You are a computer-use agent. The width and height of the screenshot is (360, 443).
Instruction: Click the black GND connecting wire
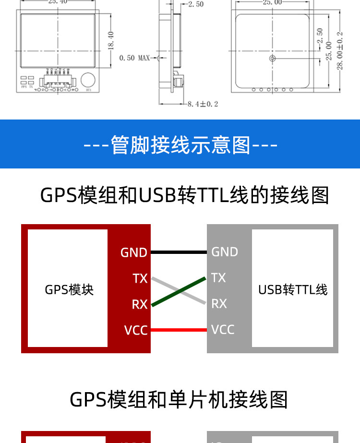tap(179, 252)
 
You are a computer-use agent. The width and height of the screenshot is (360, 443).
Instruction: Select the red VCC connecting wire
tap(179, 330)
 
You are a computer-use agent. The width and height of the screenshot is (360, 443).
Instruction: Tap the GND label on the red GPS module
tap(133, 252)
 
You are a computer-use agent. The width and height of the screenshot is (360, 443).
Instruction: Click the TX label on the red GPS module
tap(140, 278)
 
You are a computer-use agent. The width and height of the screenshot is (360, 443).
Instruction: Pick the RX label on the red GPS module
tap(140, 304)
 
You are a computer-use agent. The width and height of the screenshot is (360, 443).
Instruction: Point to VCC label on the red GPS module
tap(136, 330)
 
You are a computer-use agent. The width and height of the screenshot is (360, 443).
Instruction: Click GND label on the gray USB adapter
tap(225, 251)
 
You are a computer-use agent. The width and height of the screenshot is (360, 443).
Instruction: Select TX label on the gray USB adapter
tap(218, 277)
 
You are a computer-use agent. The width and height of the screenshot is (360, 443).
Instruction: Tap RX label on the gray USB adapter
tap(219, 303)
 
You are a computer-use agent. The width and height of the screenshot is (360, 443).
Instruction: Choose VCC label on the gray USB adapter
tap(223, 329)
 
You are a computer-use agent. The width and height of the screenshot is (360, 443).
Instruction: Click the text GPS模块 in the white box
tap(69, 289)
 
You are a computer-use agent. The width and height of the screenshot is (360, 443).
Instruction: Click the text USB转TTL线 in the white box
tap(293, 289)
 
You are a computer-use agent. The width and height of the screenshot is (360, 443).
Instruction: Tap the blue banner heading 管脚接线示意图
tap(180, 144)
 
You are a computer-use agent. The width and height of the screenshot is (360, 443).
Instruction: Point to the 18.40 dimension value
tap(111, 41)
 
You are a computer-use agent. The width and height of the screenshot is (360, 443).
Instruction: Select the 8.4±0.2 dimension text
tap(203, 104)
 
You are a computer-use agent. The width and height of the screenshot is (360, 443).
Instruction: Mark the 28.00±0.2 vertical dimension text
tap(340, 51)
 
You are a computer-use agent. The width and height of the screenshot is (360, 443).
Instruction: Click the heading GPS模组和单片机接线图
tap(179, 399)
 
